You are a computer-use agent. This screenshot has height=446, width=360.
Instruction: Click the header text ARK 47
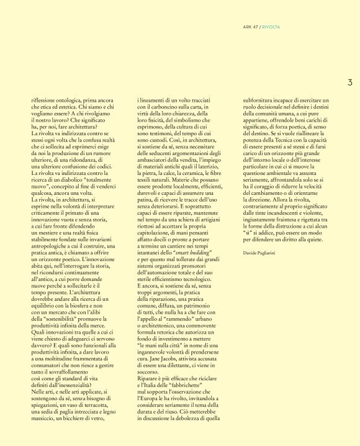pyautogui.click(x=251, y=26)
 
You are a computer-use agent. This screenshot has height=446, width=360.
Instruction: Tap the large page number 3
pyautogui.click(x=349, y=81)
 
